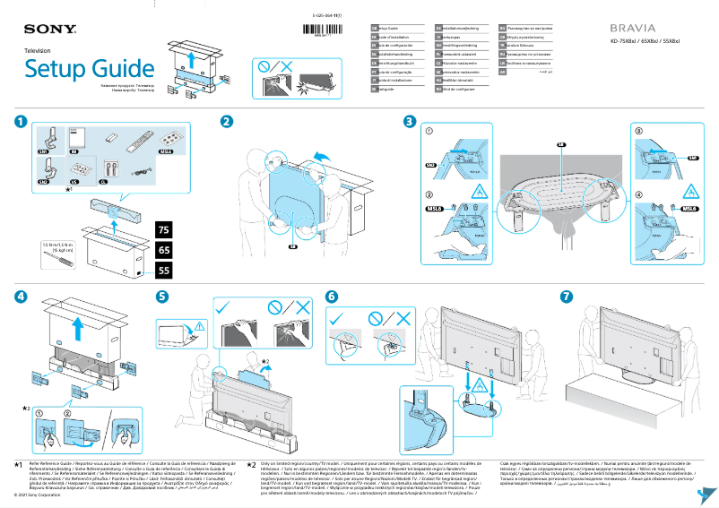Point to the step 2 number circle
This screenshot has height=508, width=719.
click(x=228, y=121)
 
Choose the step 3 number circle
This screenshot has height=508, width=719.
click(x=410, y=121)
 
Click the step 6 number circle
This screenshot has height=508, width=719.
click(x=332, y=297)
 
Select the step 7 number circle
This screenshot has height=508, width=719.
click(x=566, y=297)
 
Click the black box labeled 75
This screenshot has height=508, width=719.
click(x=164, y=230)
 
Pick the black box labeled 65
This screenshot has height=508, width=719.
click(x=164, y=250)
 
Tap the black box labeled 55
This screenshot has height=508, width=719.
click(x=164, y=269)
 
